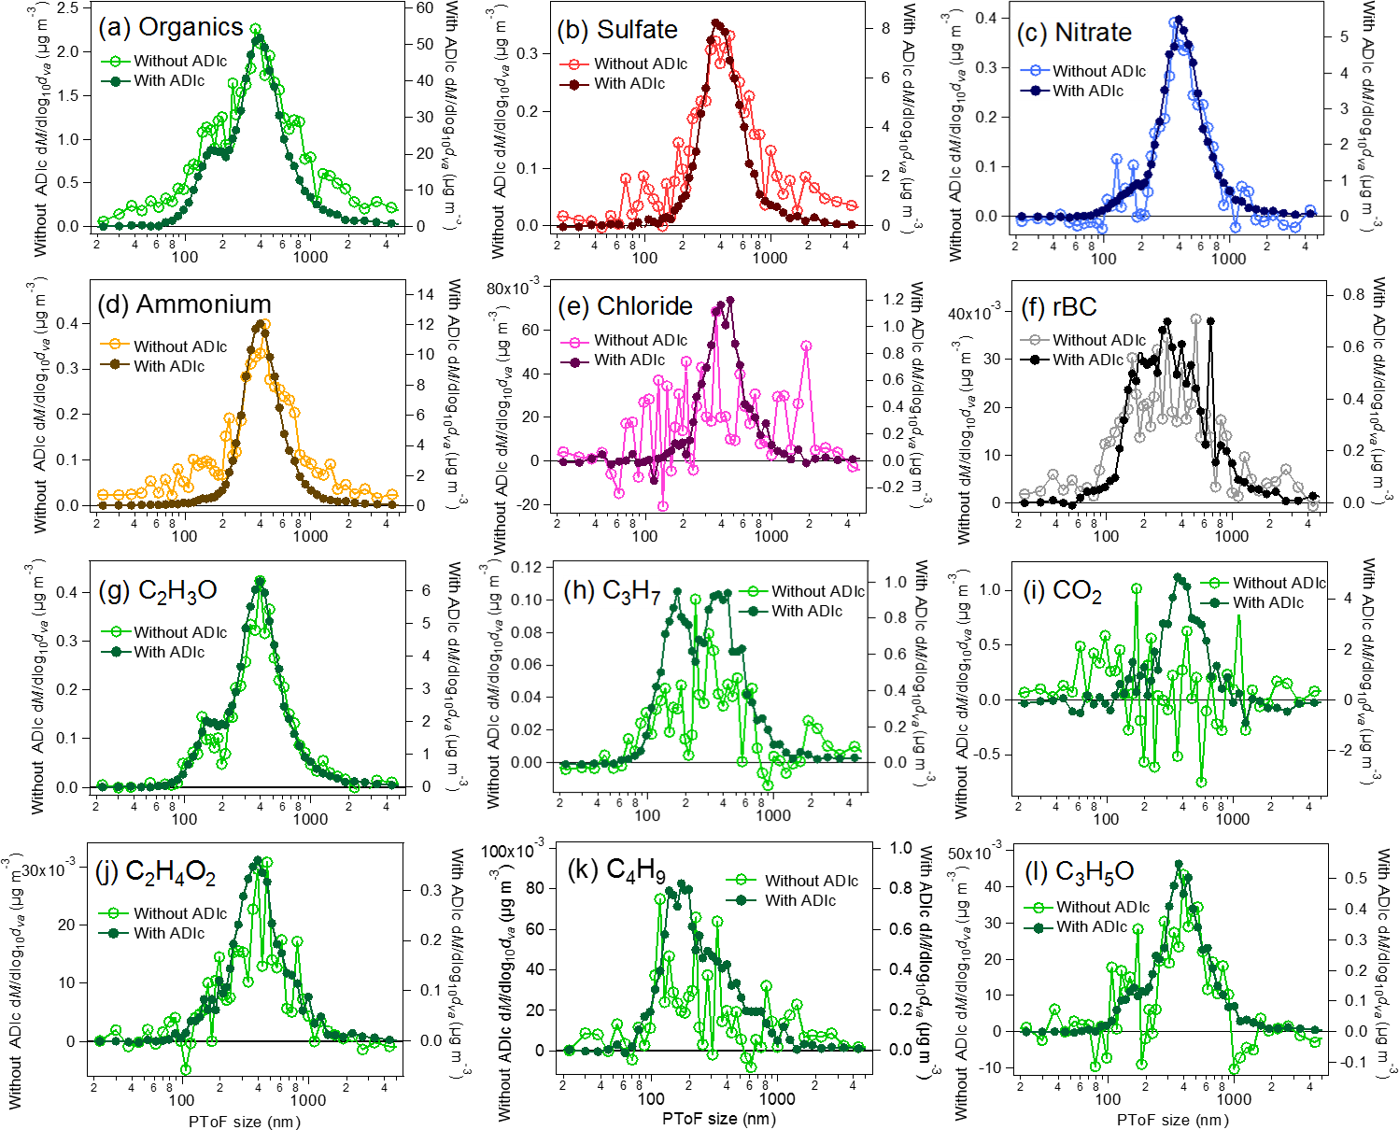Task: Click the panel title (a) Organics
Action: point(171,27)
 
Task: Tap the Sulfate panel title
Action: point(617,30)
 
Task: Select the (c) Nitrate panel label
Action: point(1074,33)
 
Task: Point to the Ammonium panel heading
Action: point(184,304)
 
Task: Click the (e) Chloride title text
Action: point(625,306)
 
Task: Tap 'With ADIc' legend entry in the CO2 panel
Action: point(1267,603)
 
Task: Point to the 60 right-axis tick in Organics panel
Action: point(425,7)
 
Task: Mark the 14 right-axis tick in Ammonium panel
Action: point(425,294)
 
